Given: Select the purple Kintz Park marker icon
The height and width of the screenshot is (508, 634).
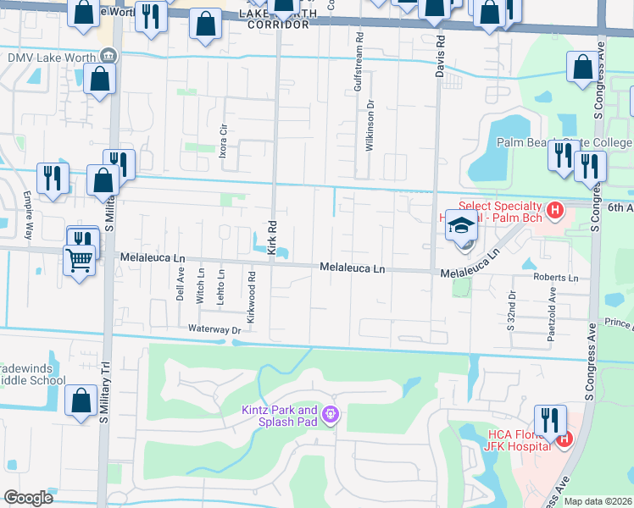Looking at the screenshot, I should tap(331, 415).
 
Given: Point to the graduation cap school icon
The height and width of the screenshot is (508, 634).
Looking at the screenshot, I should tap(462, 226).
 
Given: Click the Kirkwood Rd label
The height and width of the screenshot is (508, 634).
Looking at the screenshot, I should tap(252, 286).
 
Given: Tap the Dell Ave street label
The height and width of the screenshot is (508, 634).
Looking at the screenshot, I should tap(180, 285).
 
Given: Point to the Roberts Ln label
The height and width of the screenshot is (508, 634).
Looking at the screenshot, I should tap(555, 278).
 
